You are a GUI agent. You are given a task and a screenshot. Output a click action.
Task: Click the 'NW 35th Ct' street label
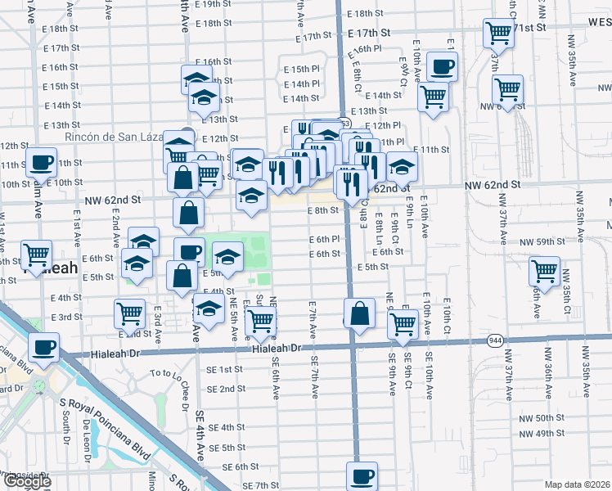(566, 300)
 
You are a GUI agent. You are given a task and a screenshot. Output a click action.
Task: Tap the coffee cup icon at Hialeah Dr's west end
(43, 347)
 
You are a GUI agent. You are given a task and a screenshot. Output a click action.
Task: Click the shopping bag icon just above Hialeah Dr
(359, 313)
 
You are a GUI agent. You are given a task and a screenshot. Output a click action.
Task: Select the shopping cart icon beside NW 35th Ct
(544, 270)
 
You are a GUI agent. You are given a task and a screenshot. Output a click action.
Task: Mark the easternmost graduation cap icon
(402, 168)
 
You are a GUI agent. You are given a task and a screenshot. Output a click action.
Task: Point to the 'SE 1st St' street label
(227, 370)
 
